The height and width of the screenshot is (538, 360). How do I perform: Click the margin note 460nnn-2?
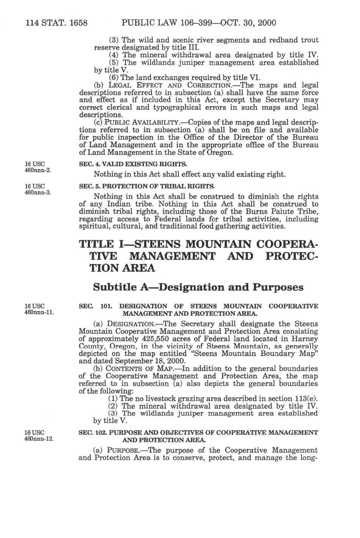[x=38, y=170]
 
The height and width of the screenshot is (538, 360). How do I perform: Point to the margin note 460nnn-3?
[x=38, y=192]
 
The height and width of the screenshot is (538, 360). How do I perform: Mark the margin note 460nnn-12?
[x=39, y=439]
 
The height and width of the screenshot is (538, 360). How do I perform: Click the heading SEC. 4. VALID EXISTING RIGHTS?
[x=133, y=164]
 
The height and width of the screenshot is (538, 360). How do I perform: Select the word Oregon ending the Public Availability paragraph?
[x=220, y=152]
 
